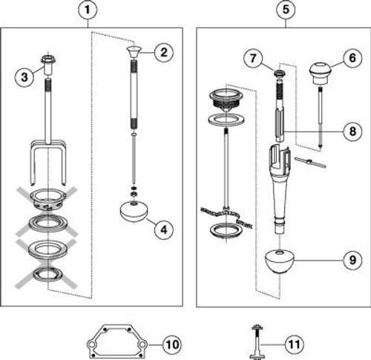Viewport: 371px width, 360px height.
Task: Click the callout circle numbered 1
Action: point(88,10)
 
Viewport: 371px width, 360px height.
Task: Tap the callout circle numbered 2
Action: point(164,53)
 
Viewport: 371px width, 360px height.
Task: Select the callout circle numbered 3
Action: point(24,77)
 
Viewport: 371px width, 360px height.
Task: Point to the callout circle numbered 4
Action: point(164,230)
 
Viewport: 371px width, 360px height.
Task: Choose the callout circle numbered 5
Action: point(286,10)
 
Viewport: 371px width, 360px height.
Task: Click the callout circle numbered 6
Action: point(352,58)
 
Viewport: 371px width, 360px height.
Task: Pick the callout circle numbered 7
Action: point(253,59)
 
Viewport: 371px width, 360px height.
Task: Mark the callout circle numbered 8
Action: point(352,131)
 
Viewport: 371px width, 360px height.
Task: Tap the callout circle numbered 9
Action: point(352,260)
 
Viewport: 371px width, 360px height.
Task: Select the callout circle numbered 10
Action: point(172,344)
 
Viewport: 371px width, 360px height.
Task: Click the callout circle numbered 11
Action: point(294,344)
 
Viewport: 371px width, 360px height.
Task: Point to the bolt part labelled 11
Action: point(257,342)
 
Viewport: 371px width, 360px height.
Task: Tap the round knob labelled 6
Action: point(318,73)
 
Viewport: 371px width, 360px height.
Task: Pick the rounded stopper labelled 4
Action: point(134,212)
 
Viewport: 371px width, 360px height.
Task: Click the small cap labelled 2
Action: point(134,52)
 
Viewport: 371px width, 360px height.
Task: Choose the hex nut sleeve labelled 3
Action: point(48,65)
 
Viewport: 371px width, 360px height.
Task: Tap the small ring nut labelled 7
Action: point(279,73)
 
